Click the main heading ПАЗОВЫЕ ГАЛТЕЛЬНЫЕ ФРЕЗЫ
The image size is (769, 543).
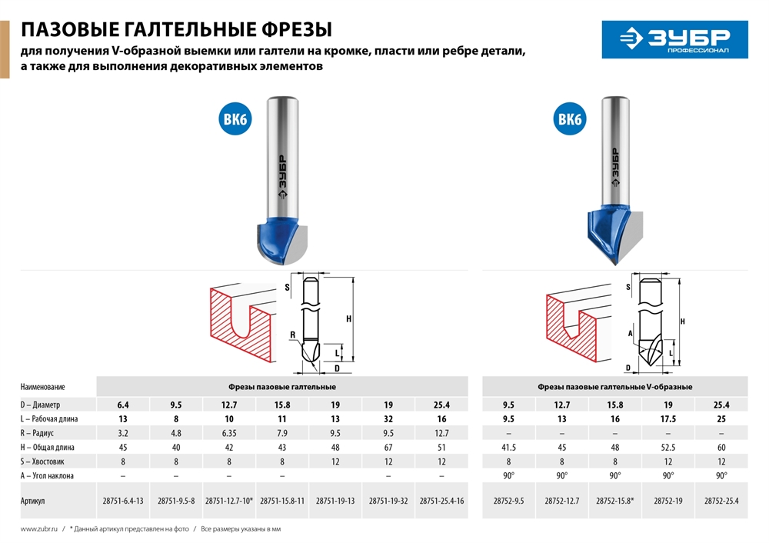(x=176, y=30)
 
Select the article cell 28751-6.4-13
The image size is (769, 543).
(x=122, y=501)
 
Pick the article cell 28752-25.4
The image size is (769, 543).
(x=721, y=501)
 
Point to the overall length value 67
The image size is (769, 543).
(x=388, y=447)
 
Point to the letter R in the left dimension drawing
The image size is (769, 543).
(x=293, y=335)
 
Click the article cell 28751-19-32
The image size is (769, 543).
(x=388, y=501)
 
